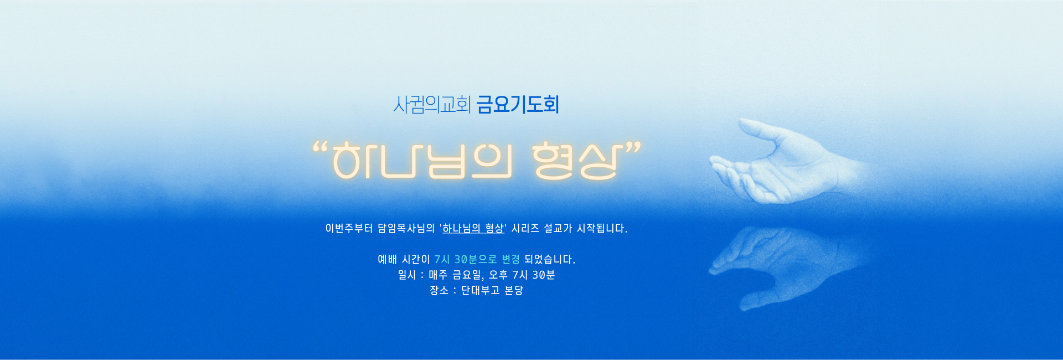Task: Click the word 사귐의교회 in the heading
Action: click(432, 104)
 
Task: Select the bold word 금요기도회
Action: click(518, 104)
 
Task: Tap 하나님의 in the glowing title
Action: click(422, 161)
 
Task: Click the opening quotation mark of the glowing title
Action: click(320, 148)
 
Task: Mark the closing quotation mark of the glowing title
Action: click(632, 148)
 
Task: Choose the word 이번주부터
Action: click(349, 228)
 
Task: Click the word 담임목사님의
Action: click(406, 228)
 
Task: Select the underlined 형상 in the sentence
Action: click(494, 228)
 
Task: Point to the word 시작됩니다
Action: click(602, 228)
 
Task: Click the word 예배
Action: click(388, 259)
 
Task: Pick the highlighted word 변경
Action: click(510, 259)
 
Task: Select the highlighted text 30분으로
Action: click(476, 259)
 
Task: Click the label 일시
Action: click(407, 275)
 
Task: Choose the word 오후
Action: click(498, 275)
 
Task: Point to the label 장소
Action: click(439, 290)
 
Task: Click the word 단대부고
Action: click(481, 290)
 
